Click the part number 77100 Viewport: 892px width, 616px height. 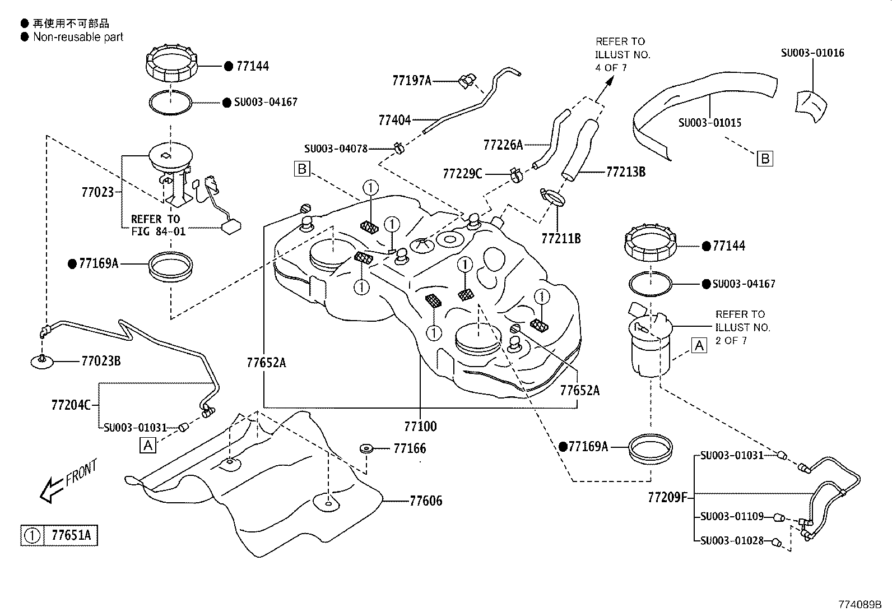421,427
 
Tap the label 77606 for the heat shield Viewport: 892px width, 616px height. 426,501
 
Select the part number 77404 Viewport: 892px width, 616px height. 394,119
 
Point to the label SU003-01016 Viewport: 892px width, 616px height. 812,53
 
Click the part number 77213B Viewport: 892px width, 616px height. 626,172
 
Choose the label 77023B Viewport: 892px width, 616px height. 101,361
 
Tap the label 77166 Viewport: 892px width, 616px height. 410,448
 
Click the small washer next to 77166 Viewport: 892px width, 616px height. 366,448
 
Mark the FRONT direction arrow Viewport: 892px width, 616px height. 52,490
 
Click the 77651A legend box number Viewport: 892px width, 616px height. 71,535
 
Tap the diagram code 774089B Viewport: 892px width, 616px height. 860,604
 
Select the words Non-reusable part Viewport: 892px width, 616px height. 78,37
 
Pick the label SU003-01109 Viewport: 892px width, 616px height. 732,516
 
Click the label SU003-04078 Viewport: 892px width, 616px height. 336,149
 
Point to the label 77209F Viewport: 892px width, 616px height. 667,497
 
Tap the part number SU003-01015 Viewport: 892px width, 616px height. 710,123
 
